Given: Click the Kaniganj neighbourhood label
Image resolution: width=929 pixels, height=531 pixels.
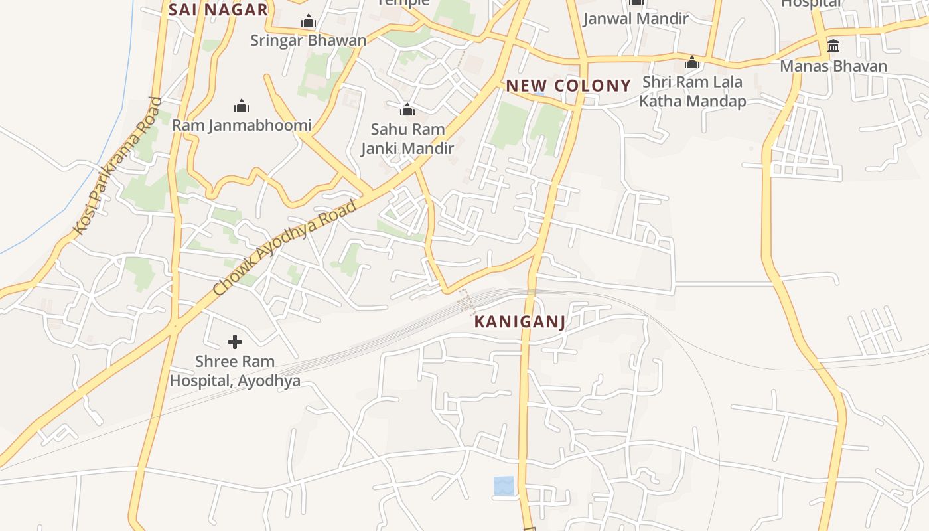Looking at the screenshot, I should pyautogui.click(x=520, y=322).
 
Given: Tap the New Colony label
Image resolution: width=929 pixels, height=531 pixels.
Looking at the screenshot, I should pyautogui.click(x=568, y=85).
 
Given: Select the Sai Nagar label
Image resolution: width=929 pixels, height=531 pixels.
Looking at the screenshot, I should pyautogui.click(x=218, y=9).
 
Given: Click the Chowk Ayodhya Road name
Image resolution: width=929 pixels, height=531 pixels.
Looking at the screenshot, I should pyautogui.click(x=285, y=248).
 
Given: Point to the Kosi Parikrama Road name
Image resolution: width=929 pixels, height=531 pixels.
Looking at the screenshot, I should pyautogui.click(x=117, y=166).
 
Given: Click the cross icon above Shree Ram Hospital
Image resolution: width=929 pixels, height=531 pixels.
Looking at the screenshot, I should pyautogui.click(x=235, y=342).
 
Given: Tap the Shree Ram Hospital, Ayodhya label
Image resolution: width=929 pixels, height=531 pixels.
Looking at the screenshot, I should pyautogui.click(x=235, y=371).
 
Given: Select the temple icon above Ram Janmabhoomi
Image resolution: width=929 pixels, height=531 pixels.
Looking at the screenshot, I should pyautogui.click(x=242, y=106).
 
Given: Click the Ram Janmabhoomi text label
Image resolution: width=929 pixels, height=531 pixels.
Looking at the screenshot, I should pyautogui.click(x=242, y=125).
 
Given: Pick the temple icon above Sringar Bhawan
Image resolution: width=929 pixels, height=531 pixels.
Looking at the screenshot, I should pyautogui.click(x=308, y=21).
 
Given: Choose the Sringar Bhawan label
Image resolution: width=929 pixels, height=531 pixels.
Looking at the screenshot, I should pyautogui.click(x=308, y=40).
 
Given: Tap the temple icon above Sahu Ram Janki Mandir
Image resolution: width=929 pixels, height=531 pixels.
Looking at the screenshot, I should pyautogui.click(x=407, y=110).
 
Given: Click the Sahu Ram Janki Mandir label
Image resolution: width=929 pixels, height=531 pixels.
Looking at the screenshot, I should pyautogui.click(x=407, y=139).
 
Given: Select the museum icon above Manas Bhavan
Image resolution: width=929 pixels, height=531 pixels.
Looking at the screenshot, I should pyautogui.click(x=833, y=46).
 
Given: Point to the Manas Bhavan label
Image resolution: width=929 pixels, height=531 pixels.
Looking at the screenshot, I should pyautogui.click(x=833, y=66).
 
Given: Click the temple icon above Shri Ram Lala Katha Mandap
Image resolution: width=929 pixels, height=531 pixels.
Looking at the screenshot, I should pyautogui.click(x=692, y=63).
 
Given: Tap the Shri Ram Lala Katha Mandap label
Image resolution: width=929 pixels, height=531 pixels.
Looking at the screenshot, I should pyautogui.click(x=692, y=92).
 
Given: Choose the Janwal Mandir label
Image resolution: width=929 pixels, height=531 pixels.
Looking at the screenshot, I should pyautogui.click(x=636, y=19).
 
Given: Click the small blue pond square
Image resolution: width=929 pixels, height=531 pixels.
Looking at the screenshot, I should pyautogui.click(x=504, y=485).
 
